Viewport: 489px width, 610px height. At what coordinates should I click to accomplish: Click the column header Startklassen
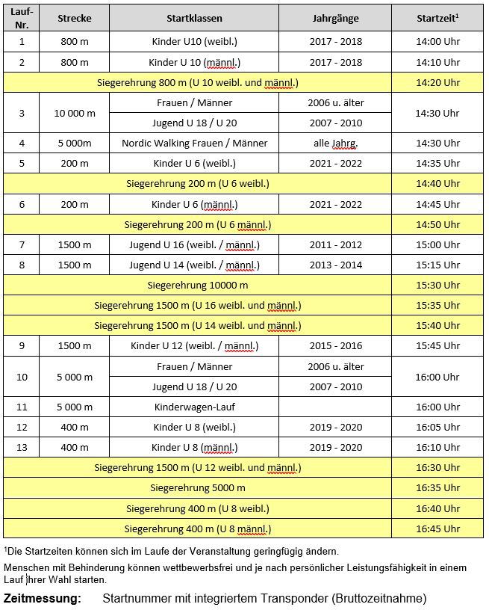click(194, 17)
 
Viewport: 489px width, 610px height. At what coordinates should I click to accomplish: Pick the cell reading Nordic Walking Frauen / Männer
click(194, 143)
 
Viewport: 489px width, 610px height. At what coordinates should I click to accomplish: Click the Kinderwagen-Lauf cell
click(194, 407)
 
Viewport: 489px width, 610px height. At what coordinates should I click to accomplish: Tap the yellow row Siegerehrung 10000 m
click(198, 285)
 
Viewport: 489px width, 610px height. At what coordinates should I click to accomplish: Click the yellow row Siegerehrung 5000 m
click(198, 488)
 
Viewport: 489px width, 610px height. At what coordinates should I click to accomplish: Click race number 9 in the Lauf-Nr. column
click(22, 346)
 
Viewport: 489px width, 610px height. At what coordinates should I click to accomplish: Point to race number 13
click(22, 447)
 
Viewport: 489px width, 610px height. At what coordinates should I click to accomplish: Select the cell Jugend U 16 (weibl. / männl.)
click(194, 244)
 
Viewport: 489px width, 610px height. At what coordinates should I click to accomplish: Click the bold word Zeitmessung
click(43, 599)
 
